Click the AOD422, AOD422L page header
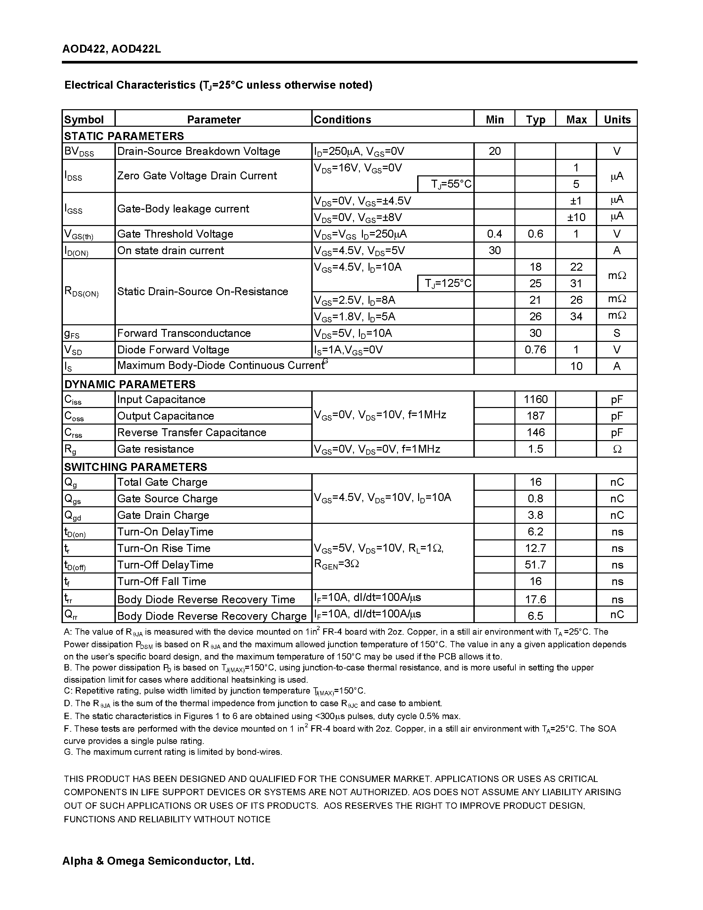[111, 49]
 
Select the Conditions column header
[342, 119]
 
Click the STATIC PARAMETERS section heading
[124, 136]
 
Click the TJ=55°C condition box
[446, 184]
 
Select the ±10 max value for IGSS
[576, 217]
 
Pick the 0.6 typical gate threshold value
[535, 234]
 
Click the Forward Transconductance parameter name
[184, 333]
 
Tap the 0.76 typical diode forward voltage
[535, 349]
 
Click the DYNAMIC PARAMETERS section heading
[130, 384]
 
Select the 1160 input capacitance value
[535, 399]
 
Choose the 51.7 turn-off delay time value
[535, 565]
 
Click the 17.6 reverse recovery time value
[535, 599]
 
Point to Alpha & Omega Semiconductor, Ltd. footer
[158, 860]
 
